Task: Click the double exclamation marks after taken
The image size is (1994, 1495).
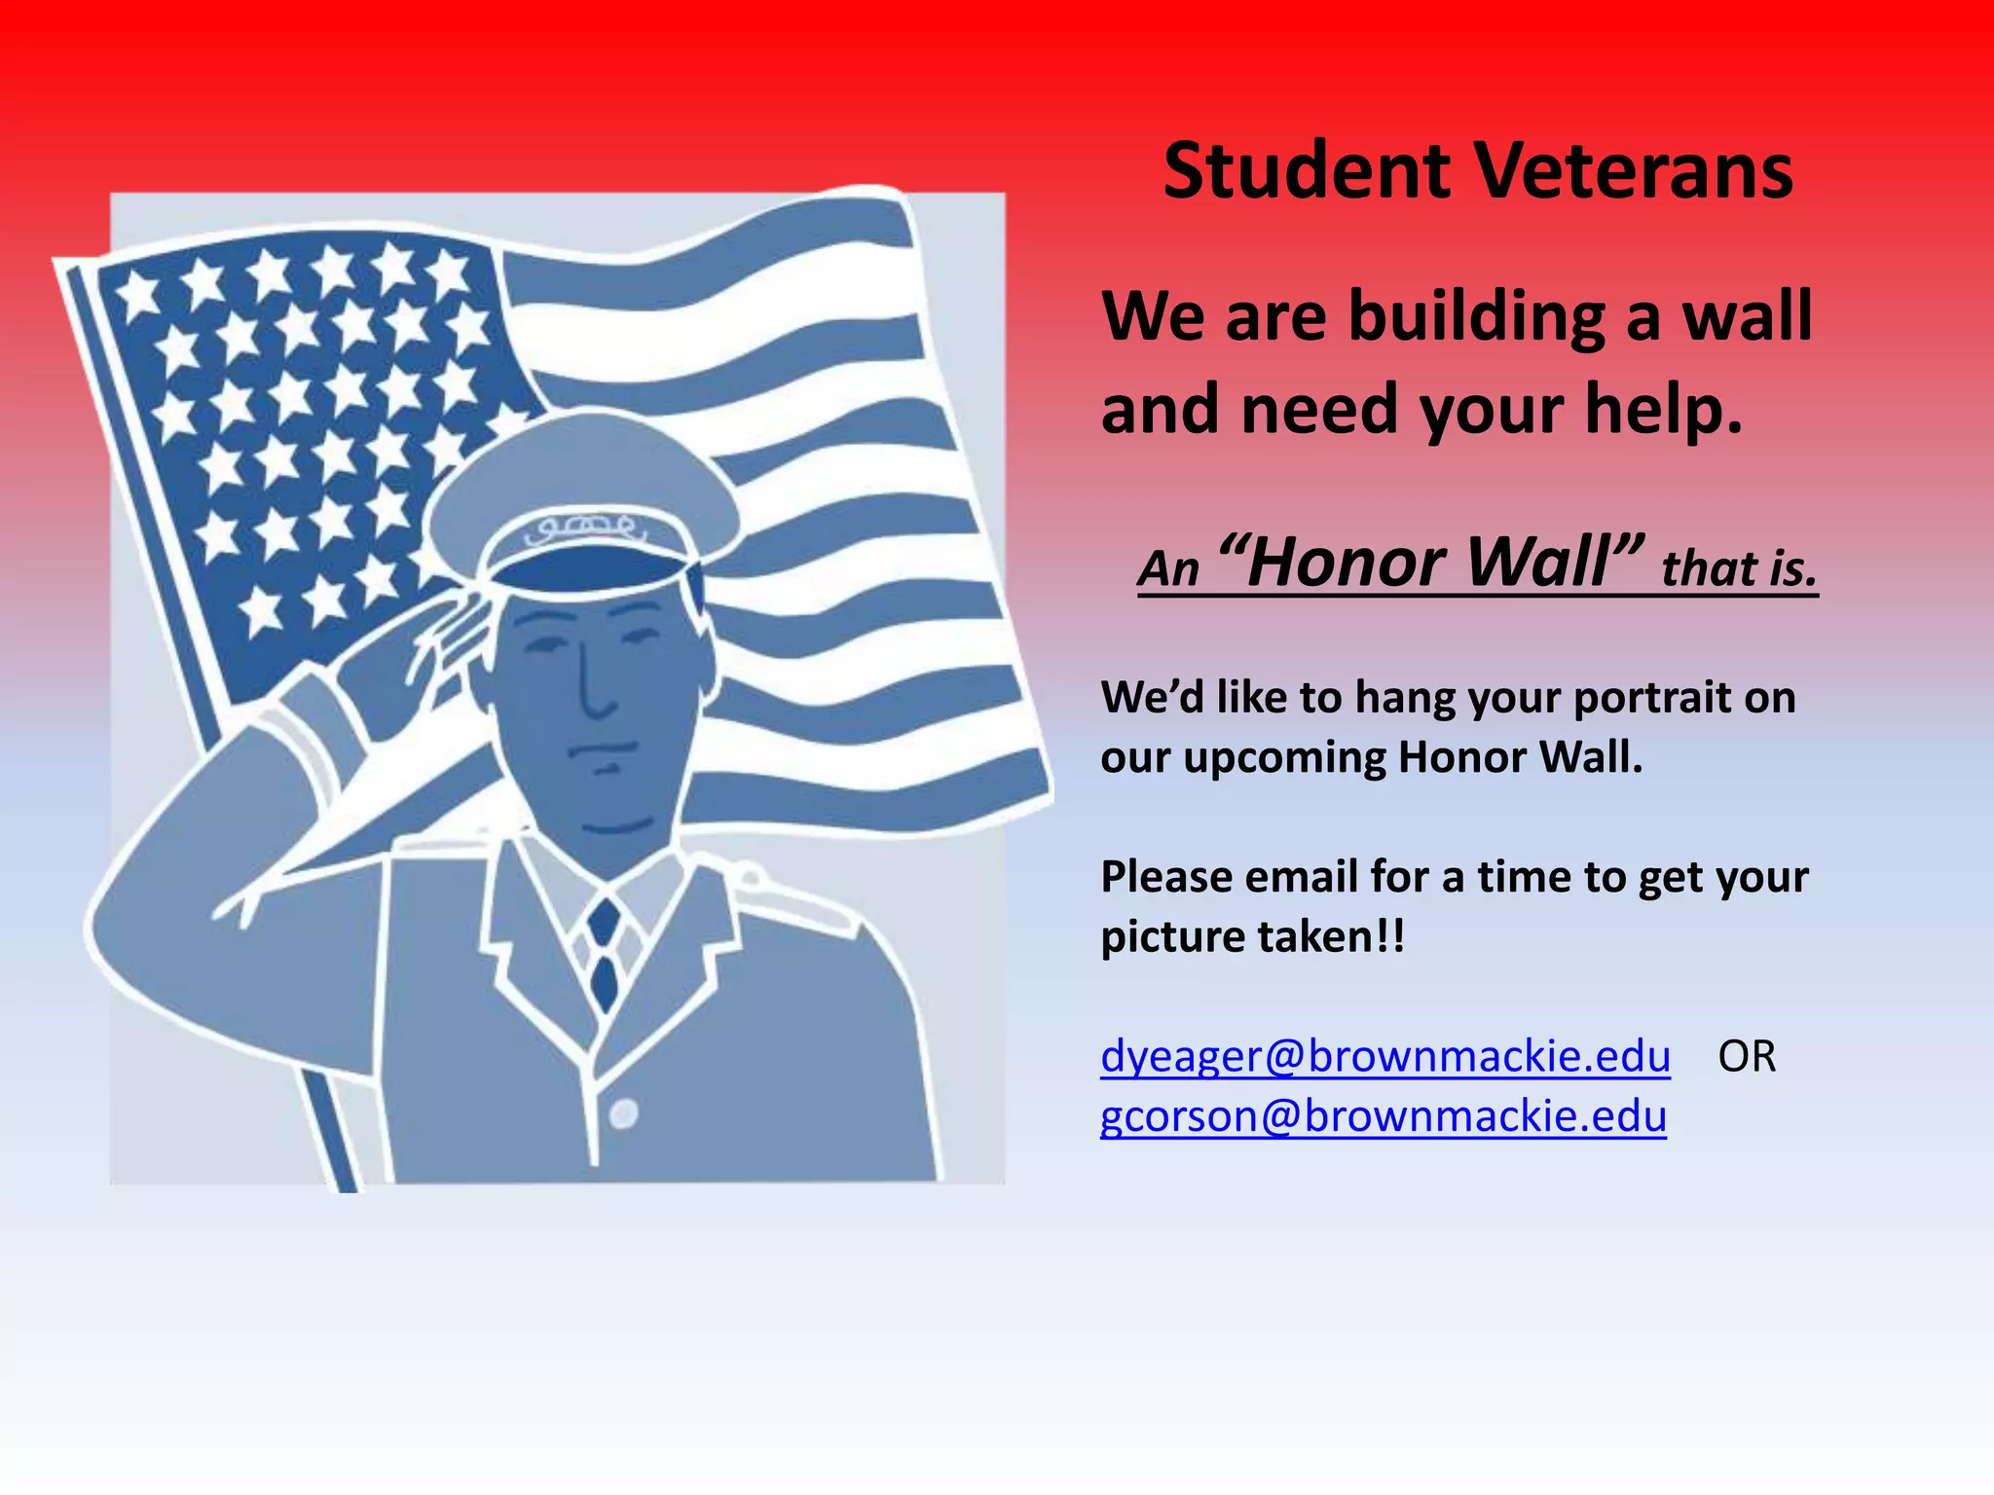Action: [1392, 936]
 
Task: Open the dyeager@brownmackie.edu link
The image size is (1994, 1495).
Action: [1385, 1057]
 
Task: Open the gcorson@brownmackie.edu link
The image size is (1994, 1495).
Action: [1383, 1116]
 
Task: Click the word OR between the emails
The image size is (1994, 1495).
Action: [1747, 1057]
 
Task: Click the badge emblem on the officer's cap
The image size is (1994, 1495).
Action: [584, 530]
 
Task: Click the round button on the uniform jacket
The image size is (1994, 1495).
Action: [624, 1112]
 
